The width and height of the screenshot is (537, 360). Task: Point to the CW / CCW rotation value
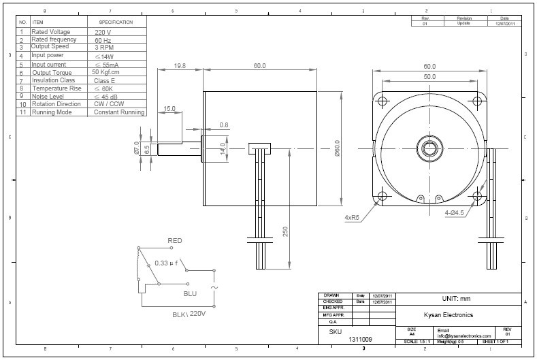point(108,104)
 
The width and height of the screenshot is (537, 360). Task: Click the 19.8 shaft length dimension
point(180,66)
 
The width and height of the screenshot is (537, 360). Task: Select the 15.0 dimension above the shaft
point(169,108)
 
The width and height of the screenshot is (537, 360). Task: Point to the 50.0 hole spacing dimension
point(429,77)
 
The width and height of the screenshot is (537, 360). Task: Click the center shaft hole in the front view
point(430,148)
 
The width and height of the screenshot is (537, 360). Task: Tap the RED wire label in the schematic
point(175,241)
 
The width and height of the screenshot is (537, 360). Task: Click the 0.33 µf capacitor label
point(166,263)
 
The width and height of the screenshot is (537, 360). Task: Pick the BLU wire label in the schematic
point(190,293)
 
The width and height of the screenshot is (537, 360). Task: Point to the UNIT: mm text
point(456,299)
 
